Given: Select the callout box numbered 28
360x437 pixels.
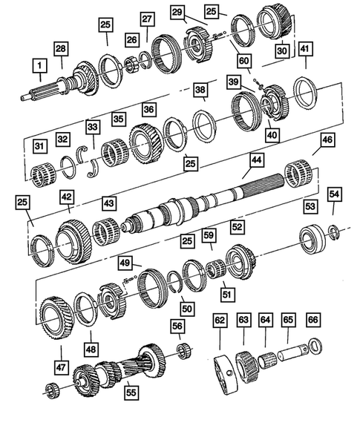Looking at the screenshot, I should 60,49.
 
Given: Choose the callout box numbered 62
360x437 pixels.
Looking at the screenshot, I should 220,321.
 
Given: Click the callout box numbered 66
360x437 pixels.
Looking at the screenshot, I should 312,320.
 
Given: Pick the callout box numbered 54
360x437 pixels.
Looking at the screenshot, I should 336,193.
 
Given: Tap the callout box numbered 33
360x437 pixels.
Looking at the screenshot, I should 92,128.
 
